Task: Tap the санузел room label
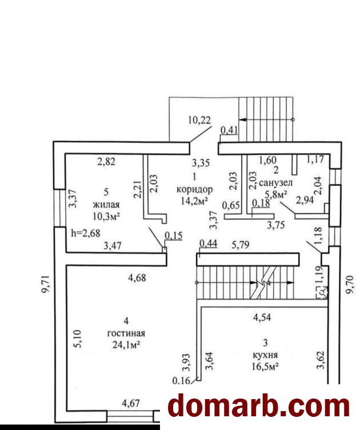275,182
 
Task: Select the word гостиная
126,333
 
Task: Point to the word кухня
265,355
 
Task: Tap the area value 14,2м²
194,201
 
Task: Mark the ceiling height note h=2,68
85,233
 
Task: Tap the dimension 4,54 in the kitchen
264,316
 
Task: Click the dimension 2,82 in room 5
106,162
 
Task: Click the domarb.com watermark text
259,406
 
